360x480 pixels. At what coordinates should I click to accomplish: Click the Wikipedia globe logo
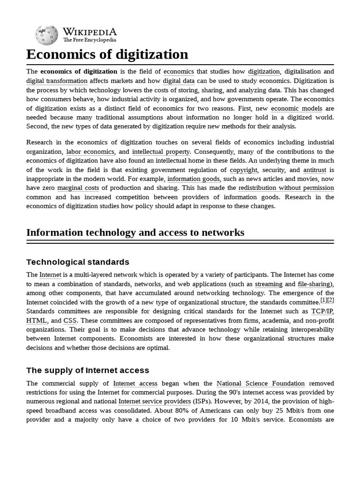point(47,35)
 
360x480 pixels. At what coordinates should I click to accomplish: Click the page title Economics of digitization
point(107,54)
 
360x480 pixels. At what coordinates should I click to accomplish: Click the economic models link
point(296,108)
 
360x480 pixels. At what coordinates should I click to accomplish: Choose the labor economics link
point(90,151)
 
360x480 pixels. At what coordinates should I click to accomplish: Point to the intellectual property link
point(161,151)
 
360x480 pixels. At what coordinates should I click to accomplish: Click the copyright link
point(243,170)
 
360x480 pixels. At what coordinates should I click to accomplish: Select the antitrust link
point(315,170)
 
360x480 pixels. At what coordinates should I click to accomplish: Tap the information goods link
point(193,179)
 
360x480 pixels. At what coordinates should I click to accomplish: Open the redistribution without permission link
point(286,188)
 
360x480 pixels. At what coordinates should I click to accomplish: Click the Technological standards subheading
point(78,262)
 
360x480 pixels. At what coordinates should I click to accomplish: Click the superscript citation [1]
point(323,300)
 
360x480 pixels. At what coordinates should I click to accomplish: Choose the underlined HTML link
point(37,321)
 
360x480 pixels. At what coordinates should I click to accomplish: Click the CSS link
point(70,321)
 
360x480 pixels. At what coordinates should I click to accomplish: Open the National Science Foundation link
point(261,383)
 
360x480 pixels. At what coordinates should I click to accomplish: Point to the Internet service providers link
point(154,402)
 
